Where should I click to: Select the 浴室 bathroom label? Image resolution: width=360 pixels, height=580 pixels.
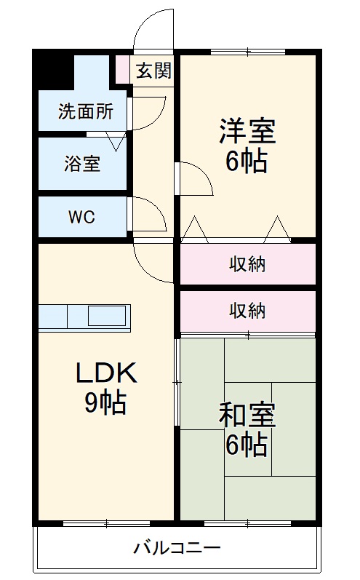pyautogui.click(x=81, y=164)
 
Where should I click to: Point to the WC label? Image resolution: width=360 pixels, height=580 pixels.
pyautogui.click(x=81, y=217)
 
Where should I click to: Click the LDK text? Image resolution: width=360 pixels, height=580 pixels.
pyautogui.click(x=105, y=373)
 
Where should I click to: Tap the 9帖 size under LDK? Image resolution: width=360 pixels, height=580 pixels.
pyautogui.click(x=105, y=402)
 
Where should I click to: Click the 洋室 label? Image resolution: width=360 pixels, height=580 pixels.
pyautogui.click(x=247, y=131)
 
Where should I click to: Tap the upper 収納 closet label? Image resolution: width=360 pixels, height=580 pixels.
pyautogui.click(x=247, y=264)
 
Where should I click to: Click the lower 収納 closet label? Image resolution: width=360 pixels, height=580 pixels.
pyautogui.click(x=247, y=311)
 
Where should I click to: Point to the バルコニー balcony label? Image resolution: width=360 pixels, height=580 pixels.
pyautogui.click(x=177, y=547)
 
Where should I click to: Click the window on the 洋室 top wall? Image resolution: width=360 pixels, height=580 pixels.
pyautogui.click(x=247, y=52)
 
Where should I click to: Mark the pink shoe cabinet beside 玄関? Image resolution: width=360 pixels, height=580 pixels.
pyautogui.click(x=121, y=70)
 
